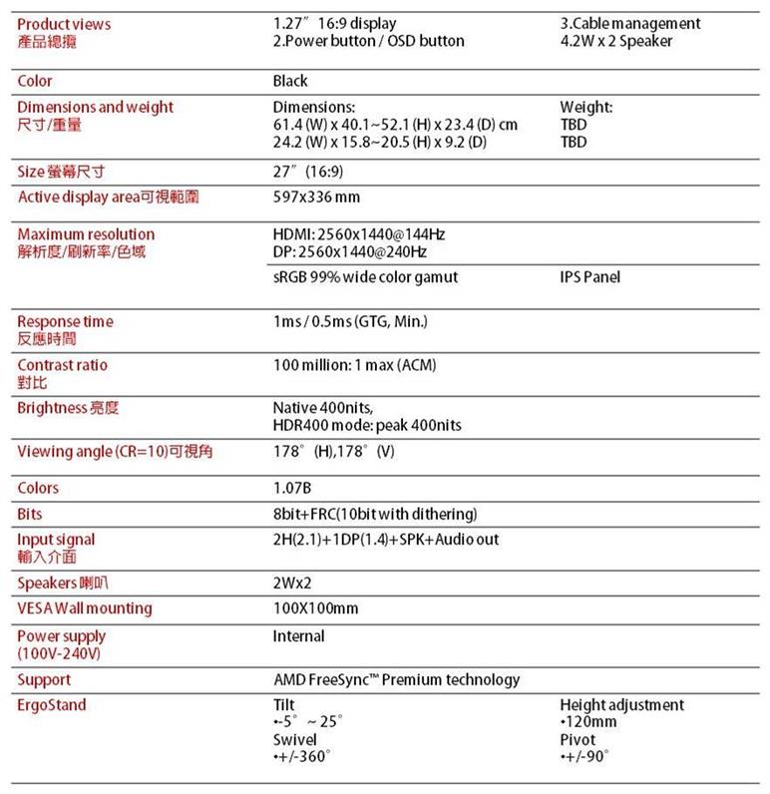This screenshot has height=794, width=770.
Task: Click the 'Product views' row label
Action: (65, 24)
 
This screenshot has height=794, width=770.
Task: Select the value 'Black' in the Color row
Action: (290, 81)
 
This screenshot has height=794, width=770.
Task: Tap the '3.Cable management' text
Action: (630, 24)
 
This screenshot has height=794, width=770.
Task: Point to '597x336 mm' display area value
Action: (316, 198)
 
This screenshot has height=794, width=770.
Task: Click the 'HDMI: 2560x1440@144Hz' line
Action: (358, 234)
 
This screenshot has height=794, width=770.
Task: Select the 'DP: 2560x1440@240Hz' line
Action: (349, 251)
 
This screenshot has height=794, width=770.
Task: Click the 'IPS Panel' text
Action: (589, 277)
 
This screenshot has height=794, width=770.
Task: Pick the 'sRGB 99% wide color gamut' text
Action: (365, 277)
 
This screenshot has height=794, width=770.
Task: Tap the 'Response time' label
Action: (66, 321)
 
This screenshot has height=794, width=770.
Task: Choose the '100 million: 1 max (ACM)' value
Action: (354, 365)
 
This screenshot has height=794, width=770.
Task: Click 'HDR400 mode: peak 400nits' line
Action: (367, 426)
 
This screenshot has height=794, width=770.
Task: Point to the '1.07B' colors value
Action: (292, 488)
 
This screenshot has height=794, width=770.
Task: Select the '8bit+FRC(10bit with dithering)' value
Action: (375, 515)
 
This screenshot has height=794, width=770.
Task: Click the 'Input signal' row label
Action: (57, 540)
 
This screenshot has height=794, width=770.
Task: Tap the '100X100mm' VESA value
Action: (315, 608)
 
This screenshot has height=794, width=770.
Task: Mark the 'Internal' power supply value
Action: (298, 636)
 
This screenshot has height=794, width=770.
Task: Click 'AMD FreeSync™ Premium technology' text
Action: (396, 680)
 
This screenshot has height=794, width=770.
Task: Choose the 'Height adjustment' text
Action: (622, 705)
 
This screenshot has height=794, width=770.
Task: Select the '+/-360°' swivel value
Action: (302, 757)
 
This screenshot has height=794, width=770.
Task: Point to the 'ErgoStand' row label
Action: (52, 705)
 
